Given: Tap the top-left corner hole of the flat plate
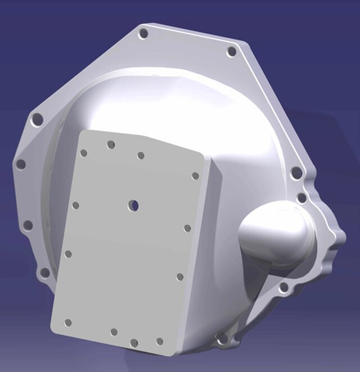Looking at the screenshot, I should pos(84,153).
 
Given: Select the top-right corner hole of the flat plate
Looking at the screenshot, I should pos(195,176).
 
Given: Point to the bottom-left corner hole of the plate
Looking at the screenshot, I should pos(68,323).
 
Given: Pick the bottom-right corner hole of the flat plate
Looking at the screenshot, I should pos(160,341).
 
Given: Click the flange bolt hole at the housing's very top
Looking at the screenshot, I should pos(143,34).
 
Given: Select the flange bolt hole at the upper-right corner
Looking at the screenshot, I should pos(231,52).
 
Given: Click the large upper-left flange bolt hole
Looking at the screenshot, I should pos(37,120).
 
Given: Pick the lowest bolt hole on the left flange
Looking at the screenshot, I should pos(44,274).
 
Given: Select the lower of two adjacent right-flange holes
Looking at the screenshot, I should pos(302,198).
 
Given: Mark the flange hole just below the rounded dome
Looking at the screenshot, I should pos(284,289).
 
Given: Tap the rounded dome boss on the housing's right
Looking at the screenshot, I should pos(276,233).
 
